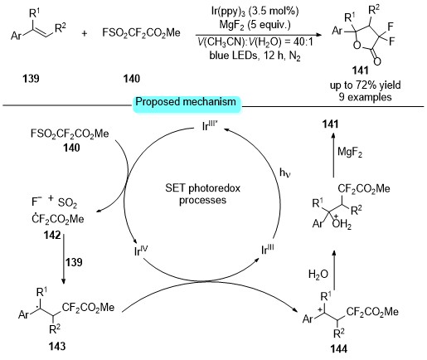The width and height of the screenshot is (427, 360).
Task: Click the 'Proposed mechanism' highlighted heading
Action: tap(186, 102)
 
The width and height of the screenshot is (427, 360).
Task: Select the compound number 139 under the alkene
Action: tap(31, 79)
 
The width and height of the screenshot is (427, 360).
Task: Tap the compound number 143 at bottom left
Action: tap(57, 346)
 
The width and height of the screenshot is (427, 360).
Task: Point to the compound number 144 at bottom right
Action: tap(339, 349)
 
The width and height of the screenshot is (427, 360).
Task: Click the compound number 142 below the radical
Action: tap(52, 235)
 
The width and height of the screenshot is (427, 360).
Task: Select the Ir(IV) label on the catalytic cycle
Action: tap(141, 251)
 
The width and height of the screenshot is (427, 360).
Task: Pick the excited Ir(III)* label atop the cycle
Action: tap(210, 125)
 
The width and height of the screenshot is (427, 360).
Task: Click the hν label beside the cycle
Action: tap(285, 173)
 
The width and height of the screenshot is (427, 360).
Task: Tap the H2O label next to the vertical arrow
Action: tap(318, 274)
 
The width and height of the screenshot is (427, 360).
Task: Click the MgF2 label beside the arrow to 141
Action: tap(350, 153)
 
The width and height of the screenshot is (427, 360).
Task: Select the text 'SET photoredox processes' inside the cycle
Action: tap(202, 194)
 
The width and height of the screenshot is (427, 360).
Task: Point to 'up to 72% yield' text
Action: tap(365, 85)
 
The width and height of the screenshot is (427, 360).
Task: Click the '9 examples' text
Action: tap(365, 97)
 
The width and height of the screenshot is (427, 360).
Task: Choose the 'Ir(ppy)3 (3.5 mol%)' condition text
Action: tap(255, 12)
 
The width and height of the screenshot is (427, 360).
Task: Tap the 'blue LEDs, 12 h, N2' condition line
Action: tap(255, 56)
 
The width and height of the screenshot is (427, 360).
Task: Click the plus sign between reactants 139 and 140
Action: tap(85, 33)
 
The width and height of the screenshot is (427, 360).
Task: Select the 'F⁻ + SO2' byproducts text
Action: tap(55, 202)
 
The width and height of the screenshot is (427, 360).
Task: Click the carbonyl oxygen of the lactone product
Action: tap(377, 61)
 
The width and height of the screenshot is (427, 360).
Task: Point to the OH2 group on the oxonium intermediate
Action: tap(342, 224)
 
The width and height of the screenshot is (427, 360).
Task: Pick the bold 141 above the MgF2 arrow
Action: tap(331, 124)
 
